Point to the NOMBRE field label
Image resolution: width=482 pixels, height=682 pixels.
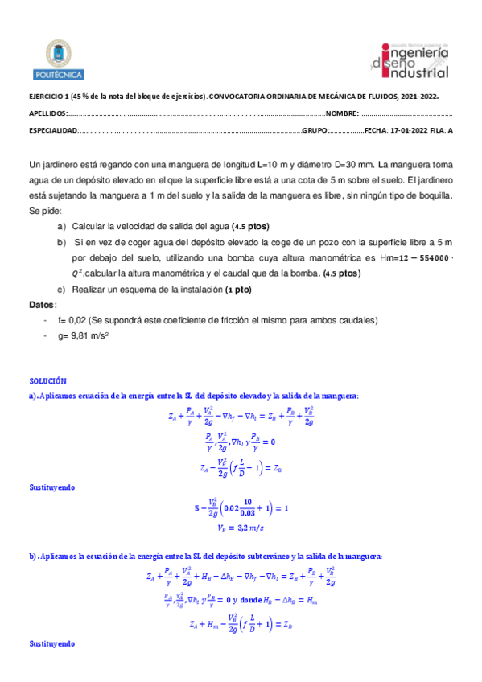[341, 113]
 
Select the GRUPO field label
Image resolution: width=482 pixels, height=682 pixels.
[315, 130]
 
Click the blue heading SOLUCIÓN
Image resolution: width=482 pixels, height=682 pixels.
[47, 380]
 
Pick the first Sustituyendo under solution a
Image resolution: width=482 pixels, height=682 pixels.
[52, 486]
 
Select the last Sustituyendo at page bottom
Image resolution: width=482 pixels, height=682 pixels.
[52, 644]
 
